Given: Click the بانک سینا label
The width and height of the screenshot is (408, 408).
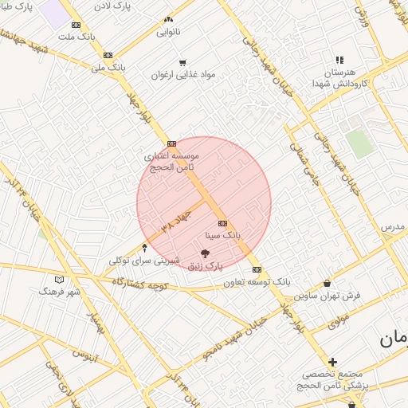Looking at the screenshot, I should click(x=223, y=236).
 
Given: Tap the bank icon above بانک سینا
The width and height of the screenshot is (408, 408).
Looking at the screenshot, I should click(x=222, y=224).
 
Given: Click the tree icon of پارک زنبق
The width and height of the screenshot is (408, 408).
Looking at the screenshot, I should click(x=206, y=254).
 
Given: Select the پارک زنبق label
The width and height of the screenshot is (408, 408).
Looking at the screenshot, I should click(x=206, y=267).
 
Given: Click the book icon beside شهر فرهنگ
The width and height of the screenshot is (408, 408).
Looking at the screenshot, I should click(x=59, y=280).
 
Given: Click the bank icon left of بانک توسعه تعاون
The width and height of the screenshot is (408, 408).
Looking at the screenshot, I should click(x=257, y=269).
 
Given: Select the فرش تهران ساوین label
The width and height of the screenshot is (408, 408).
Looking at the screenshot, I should click(x=328, y=295).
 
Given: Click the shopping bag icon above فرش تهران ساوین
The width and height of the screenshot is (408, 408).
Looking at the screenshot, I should click(x=328, y=283).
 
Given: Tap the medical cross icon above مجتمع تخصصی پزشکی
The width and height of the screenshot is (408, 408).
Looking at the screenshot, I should click(x=332, y=362).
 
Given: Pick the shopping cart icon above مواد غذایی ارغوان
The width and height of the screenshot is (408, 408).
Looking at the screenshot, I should click(x=182, y=62).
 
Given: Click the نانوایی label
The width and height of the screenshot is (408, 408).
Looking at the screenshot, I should click(x=168, y=32).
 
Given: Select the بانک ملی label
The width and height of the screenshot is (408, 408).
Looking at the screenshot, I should click(x=108, y=67).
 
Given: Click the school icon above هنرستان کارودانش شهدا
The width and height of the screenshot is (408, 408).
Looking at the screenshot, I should click(x=340, y=59).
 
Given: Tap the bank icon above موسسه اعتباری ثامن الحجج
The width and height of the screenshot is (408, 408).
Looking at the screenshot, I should click(x=171, y=144).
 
